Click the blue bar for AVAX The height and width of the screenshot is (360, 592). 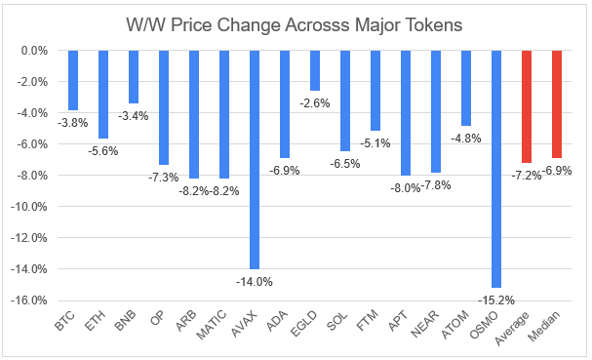click(255, 160)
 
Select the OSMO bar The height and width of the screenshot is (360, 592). click(496, 169)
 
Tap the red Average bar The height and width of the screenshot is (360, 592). click(527, 106)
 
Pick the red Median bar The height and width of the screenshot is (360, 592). click(557, 104)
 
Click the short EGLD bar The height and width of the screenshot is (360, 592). click(315, 70)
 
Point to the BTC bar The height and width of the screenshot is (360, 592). click(73, 80)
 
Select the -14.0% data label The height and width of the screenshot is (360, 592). click(255, 282)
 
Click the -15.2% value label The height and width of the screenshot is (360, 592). click(496, 300)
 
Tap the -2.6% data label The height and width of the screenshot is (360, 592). click(314, 103)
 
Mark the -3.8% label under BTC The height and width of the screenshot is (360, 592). click(72, 123)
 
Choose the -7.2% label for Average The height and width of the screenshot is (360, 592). click(527, 176)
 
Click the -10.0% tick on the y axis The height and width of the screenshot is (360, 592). click(29, 207)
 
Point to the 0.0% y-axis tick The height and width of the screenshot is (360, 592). click(34, 51)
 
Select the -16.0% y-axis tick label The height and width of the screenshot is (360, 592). click(29, 300)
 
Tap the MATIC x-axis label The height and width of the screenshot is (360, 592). click(213, 325)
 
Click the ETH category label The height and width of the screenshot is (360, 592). click(95, 321)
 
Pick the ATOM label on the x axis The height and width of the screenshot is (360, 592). click(455, 324)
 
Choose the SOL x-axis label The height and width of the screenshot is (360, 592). click(337, 321)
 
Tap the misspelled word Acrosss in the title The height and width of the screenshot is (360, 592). click(317, 25)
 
